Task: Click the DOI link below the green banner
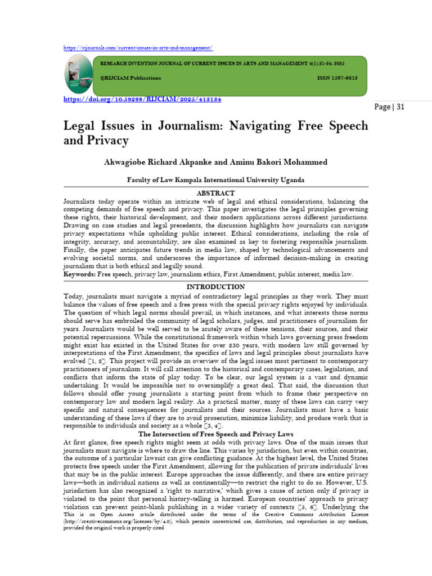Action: [143, 99]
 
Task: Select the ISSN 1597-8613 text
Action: [337, 78]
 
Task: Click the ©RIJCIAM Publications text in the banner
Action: [130, 78]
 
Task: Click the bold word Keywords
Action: [79, 273]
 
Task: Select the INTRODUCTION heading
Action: [216, 286]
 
